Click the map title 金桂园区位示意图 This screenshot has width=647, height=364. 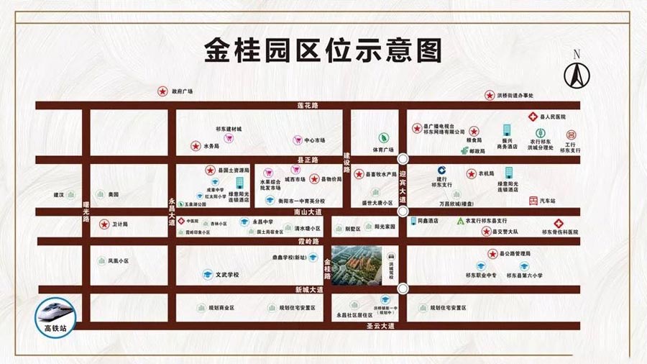coord(323,51)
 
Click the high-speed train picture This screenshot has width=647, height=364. coord(55,310)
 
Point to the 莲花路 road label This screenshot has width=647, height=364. coord(308,106)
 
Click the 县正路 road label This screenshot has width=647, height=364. coord(308,160)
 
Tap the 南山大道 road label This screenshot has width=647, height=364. coord(308,212)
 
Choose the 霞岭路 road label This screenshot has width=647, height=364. coord(308,242)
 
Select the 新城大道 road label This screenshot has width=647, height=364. coord(308,289)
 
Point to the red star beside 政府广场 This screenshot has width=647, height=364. coord(162,92)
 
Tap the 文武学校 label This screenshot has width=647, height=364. coord(226,275)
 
